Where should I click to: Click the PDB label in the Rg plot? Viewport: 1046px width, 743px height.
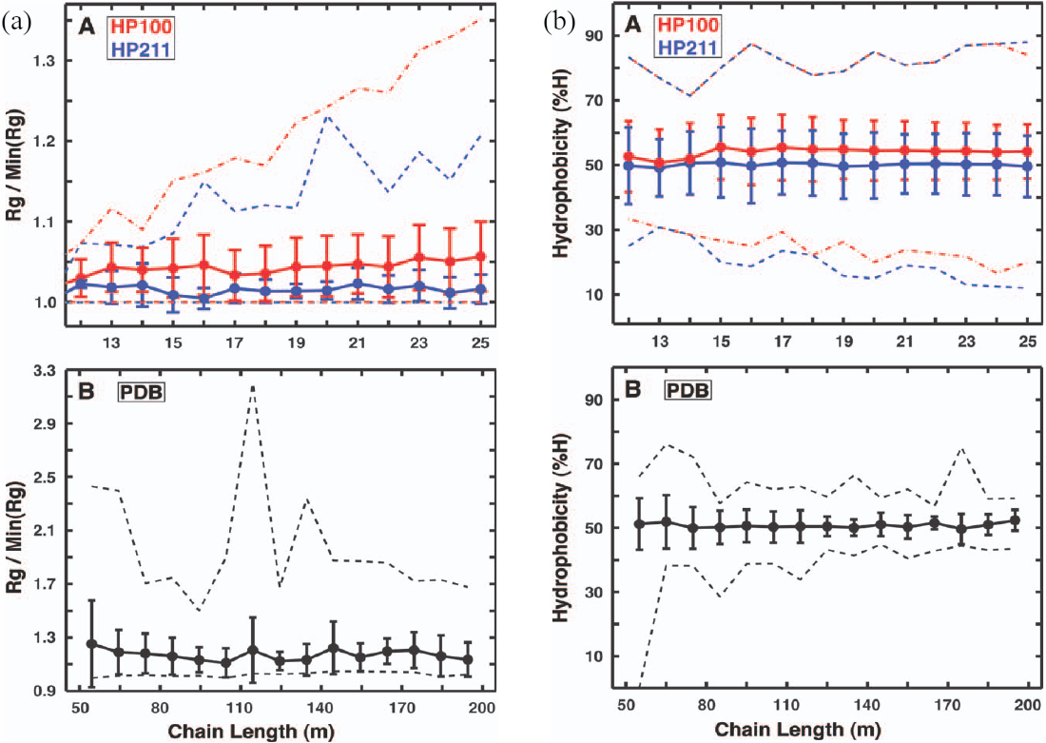point(142,391)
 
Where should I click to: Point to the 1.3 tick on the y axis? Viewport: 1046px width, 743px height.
point(38,61)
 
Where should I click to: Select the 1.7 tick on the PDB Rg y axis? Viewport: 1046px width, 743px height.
point(39,584)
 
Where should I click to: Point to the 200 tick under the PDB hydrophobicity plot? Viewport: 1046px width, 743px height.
point(1028,707)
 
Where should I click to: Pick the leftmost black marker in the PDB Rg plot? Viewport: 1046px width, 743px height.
point(92,643)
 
